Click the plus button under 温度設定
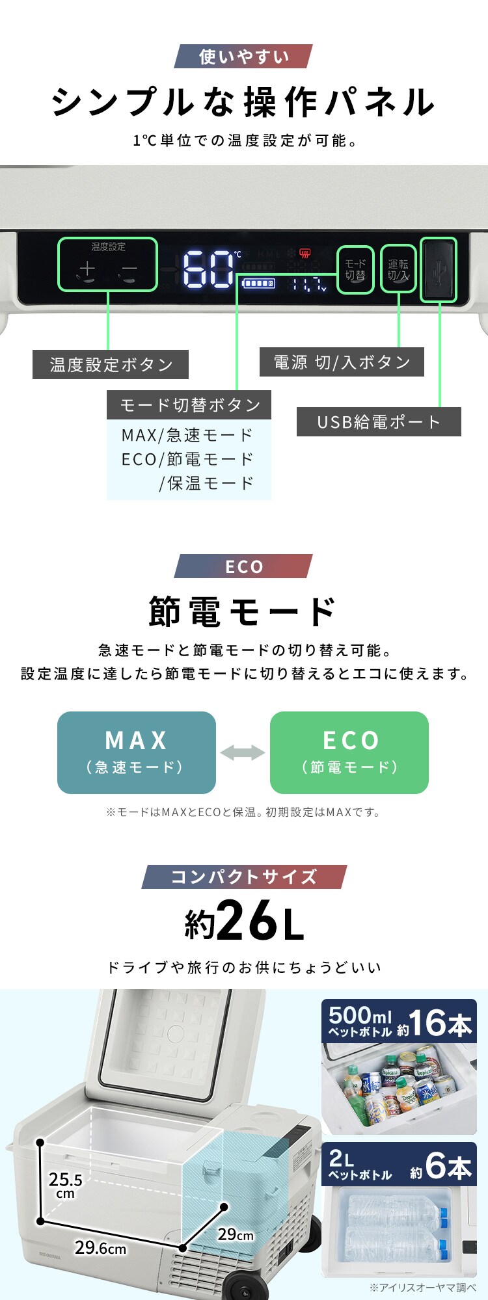[x=87, y=269]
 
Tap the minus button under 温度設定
[x=129, y=269]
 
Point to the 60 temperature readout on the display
[x=208, y=269]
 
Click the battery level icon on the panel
[x=258, y=284]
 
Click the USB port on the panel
[x=439, y=270]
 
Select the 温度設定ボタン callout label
[x=111, y=364]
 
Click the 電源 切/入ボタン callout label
[x=342, y=362]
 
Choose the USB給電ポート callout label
[x=379, y=422]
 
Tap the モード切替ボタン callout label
[x=189, y=405]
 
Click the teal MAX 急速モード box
[x=137, y=752]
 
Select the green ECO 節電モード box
[x=349, y=752]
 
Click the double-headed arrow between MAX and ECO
[x=243, y=753]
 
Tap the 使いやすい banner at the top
[x=243, y=57]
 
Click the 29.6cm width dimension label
[x=100, y=1247]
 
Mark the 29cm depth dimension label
[x=235, y=1234]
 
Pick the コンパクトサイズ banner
[x=244, y=877]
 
